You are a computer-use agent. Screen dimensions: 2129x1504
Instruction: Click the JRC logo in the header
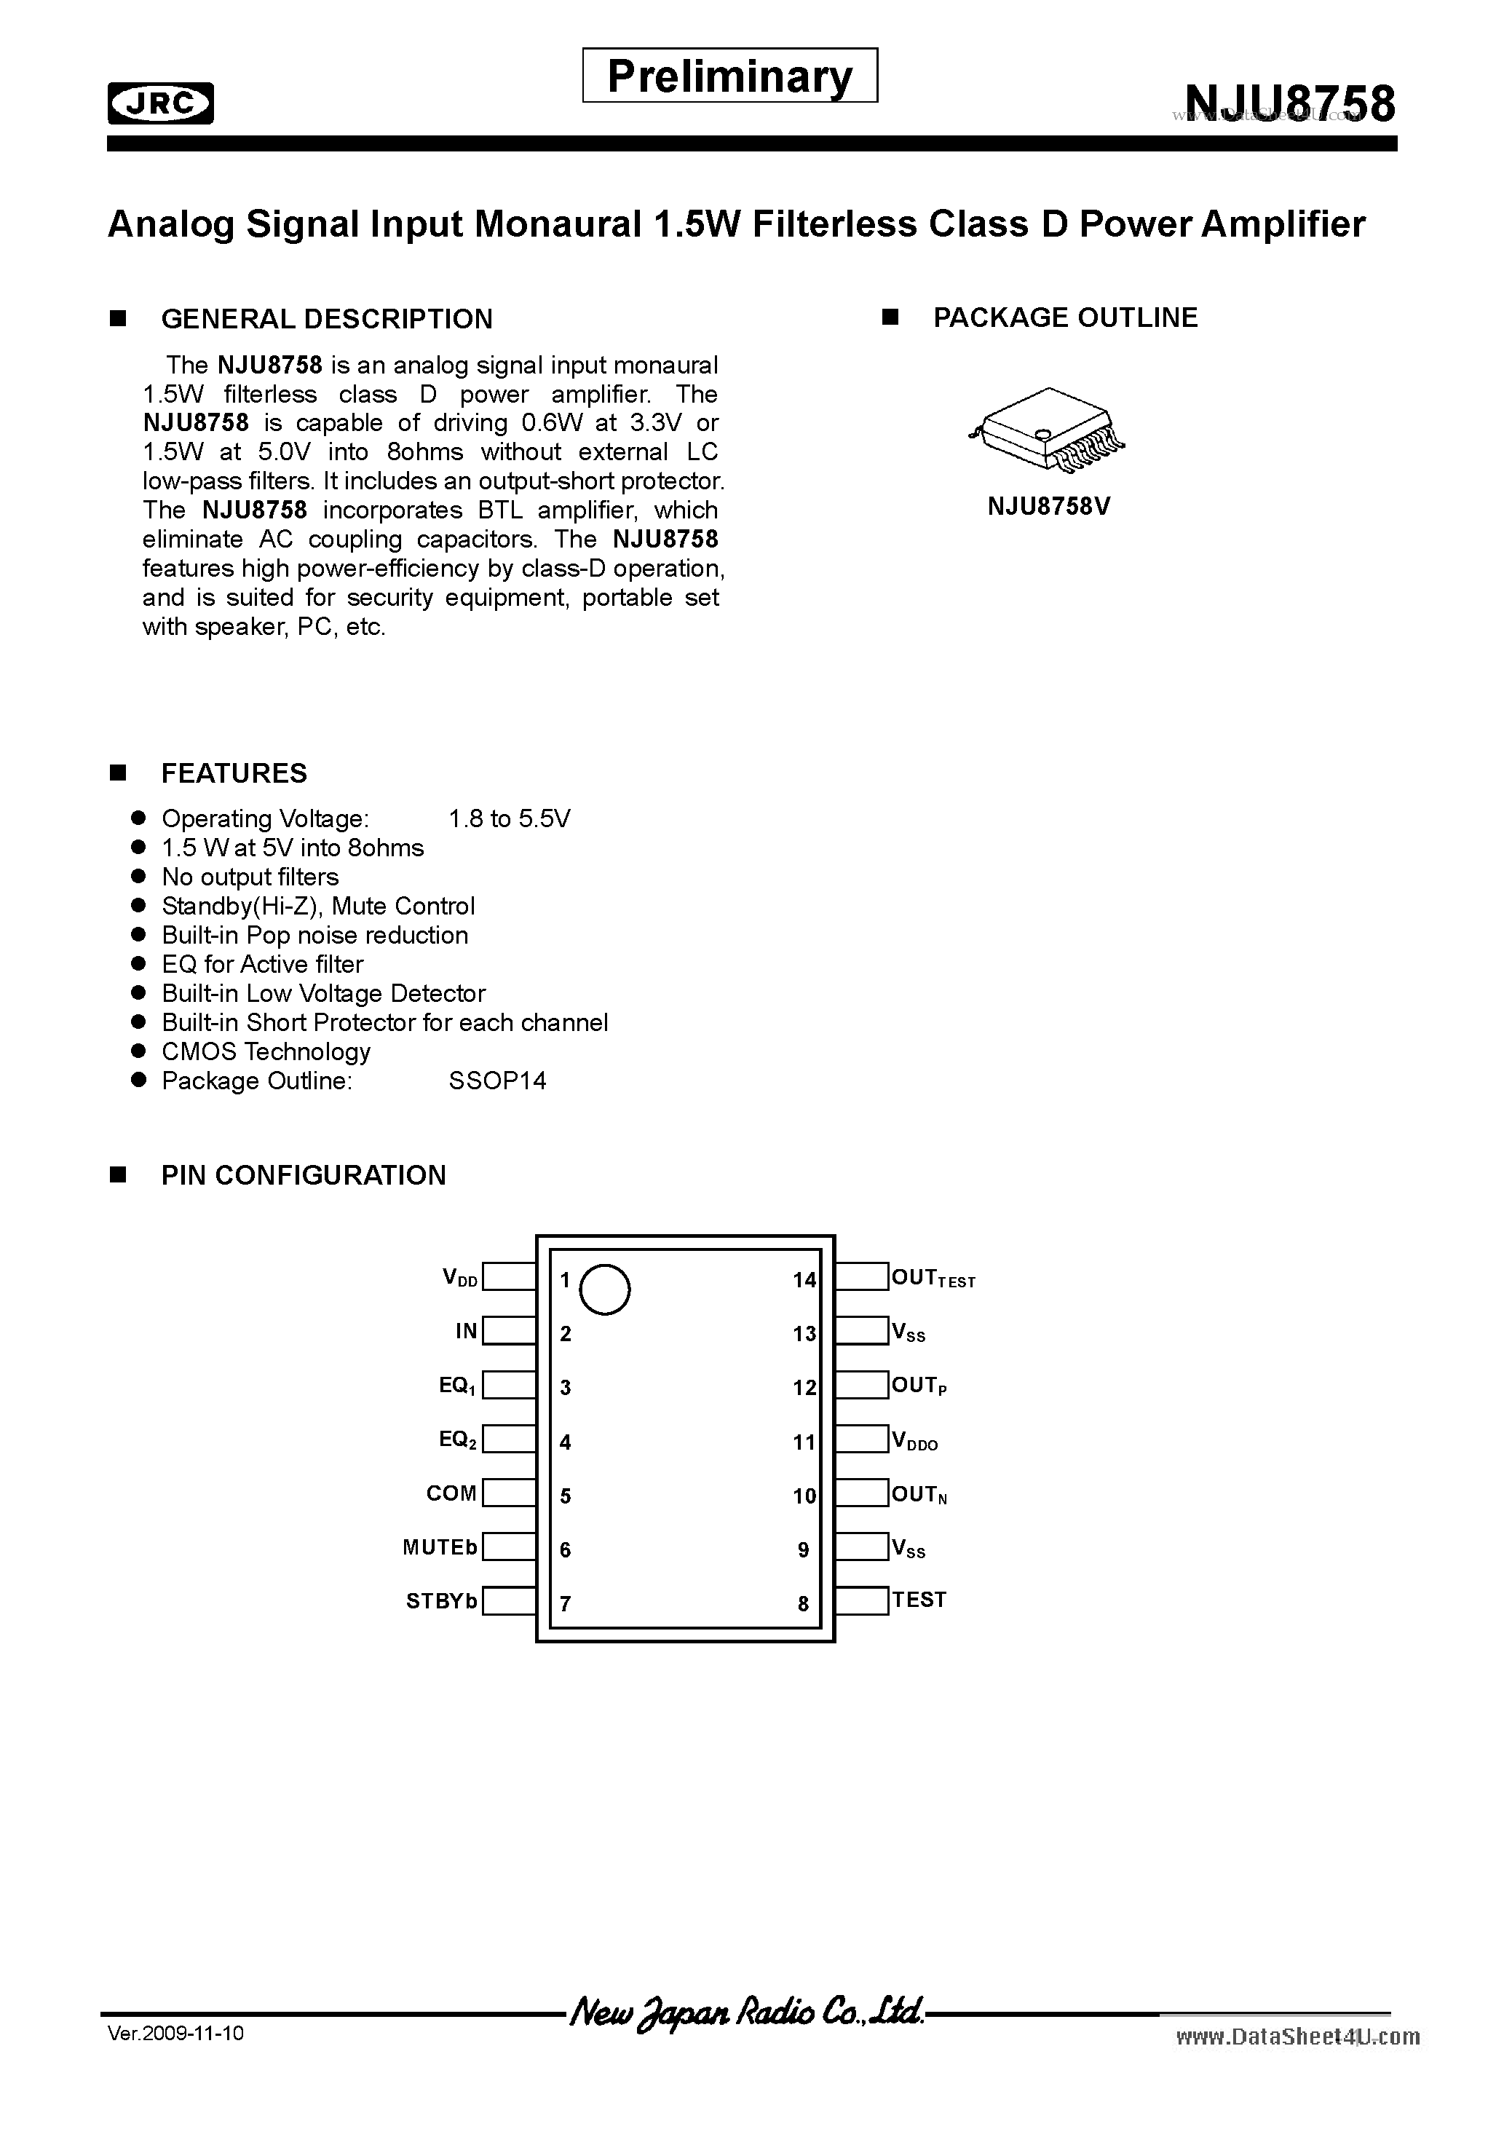point(160,103)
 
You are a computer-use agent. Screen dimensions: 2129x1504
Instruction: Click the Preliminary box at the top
point(729,76)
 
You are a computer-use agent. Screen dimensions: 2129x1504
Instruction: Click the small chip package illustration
point(1046,430)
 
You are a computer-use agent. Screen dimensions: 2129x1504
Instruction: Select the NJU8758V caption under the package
point(1049,507)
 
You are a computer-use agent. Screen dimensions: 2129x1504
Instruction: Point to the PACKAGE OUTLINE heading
point(1064,318)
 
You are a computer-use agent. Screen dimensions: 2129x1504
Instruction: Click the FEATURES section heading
point(234,773)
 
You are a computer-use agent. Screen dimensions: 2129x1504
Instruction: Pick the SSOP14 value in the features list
point(497,1081)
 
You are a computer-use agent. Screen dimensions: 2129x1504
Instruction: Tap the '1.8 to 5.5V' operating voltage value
point(509,819)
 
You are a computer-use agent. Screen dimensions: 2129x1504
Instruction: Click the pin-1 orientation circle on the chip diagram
point(604,1289)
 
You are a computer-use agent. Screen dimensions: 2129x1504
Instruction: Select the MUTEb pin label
point(440,1548)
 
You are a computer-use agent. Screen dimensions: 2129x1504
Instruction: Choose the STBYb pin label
point(441,1601)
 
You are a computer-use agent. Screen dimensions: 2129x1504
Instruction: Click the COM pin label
point(451,1494)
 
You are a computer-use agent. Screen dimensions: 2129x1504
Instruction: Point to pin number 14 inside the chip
point(804,1281)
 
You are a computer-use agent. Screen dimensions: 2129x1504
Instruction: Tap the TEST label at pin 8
point(919,1600)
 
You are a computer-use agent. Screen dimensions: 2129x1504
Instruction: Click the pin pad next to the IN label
point(509,1331)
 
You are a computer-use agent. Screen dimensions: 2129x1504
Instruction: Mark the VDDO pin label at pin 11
point(915,1441)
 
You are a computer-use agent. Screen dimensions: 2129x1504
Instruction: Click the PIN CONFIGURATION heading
point(304,1176)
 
